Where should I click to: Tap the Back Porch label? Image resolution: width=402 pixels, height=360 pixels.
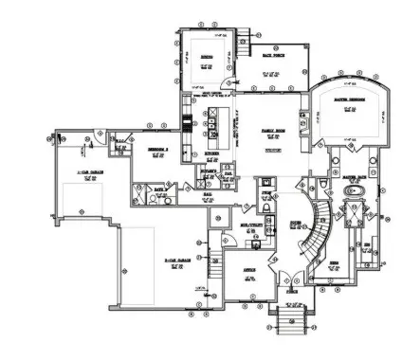tap(274, 59)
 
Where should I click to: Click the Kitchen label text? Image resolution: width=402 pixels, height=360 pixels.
tap(213, 152)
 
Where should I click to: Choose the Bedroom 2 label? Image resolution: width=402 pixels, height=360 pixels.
tap(158, 151)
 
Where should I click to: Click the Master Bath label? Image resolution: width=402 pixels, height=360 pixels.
tap(355, 176)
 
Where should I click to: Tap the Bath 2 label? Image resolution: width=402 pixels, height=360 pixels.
tap(159, 189)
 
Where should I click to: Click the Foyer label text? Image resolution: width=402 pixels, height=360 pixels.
tap(294, 226)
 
